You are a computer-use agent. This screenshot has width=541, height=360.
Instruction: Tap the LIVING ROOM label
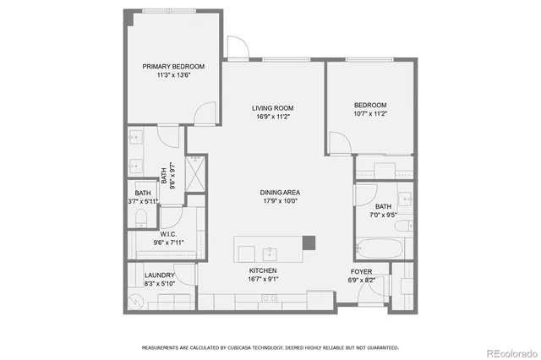[272, 107]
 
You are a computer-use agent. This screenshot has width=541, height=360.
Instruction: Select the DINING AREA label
[280, 193]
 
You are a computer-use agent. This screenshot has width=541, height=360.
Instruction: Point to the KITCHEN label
[263, 270]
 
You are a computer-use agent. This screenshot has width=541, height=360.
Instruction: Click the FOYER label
[362, 271]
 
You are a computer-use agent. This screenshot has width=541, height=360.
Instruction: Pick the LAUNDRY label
[159, 275]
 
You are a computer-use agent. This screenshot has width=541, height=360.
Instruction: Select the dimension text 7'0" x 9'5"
[384, 215]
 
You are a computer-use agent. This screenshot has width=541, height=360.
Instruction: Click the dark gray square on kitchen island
[309, 243]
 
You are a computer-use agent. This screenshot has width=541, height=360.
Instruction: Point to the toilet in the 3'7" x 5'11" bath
[139, 219]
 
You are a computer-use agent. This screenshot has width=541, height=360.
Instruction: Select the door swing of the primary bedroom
[203, 113]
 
